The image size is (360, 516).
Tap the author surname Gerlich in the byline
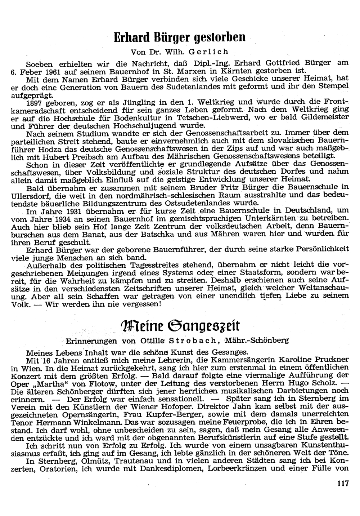coord(212,52)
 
